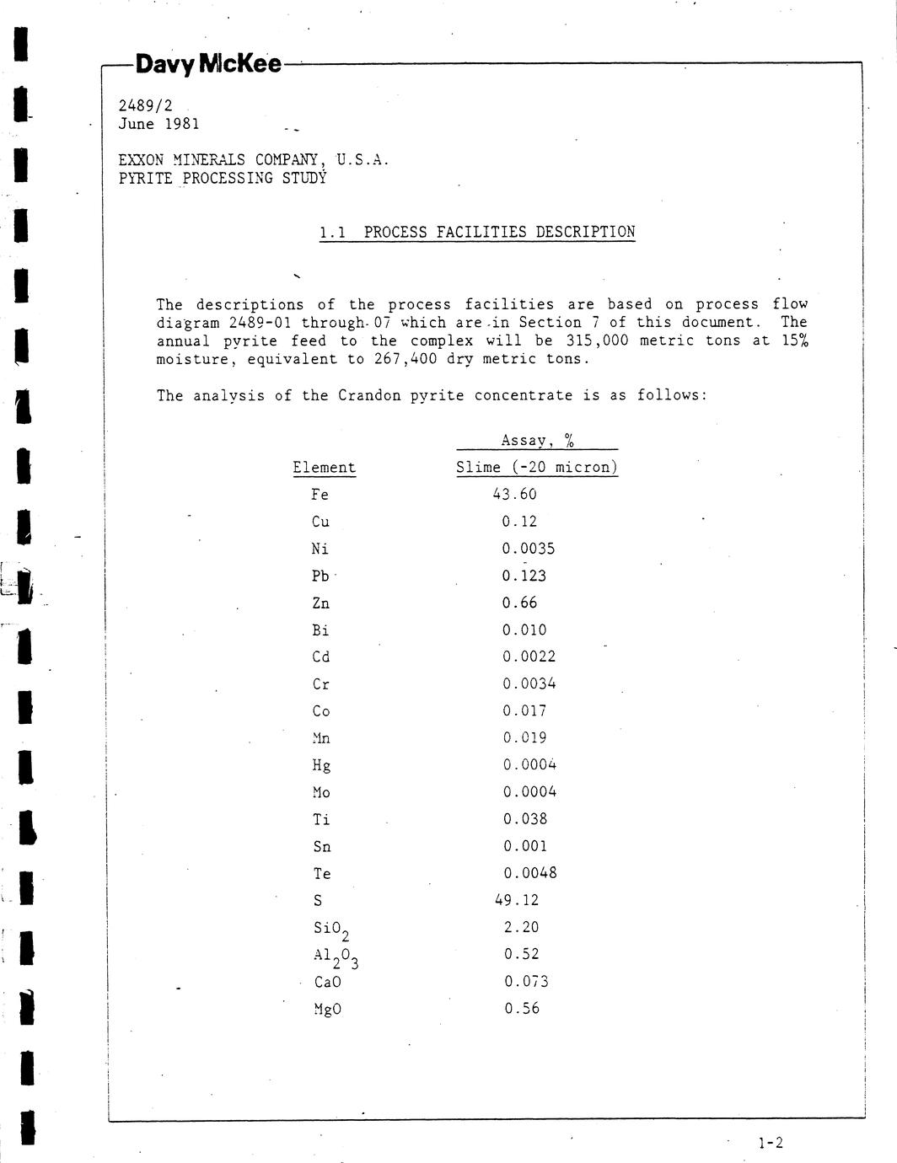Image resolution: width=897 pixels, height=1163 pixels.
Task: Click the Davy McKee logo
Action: [x=208, y=63]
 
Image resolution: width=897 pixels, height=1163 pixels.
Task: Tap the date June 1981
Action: [x=159, y=124]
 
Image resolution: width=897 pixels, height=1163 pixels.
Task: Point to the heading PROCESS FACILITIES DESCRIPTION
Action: [x=499, y=232]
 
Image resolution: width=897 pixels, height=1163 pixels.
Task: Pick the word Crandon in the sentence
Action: [x=369, y=395]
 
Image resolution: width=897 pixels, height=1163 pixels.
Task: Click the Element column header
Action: [x=324, y=468]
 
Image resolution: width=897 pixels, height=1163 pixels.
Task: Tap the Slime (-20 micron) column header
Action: [x=537, y=467]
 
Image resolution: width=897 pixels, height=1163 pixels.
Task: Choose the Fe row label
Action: [x=320, y=495]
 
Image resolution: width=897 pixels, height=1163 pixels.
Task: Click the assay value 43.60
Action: [x=514, y=494]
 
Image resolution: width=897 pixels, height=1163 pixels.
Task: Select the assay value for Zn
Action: [x=519, y=603]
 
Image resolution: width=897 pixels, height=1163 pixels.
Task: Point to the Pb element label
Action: [x=320, y=576]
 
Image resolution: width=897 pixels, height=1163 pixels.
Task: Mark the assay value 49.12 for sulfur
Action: [x=517, y=900]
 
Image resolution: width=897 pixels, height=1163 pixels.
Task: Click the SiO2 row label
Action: [x=330, y=930]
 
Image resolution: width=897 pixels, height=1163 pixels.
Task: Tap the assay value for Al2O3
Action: [x=522, y=954]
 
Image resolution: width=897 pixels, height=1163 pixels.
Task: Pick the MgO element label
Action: [x=326, y=1009]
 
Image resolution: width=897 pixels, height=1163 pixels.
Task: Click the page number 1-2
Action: [x=770, y=1143]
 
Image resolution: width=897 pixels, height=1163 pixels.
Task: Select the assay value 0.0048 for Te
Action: [x=530, y=873]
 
